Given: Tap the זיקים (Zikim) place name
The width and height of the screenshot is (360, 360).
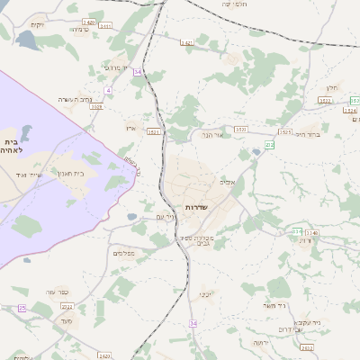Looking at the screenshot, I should click(x=37, y=24).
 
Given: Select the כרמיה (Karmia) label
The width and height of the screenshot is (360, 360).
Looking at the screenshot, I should click(x=79, y=30).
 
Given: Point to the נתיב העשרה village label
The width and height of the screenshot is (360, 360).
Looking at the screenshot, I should click(x=76, y=98).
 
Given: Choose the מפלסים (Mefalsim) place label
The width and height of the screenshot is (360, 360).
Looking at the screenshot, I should click(x=124, y=253).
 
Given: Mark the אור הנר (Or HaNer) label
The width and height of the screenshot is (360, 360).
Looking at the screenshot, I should click(x=212, y=135).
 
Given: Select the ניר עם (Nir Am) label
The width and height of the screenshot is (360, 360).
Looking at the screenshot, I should click(x=166, y=216).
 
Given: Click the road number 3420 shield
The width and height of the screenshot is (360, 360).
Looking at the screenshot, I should click(x=88, y=21).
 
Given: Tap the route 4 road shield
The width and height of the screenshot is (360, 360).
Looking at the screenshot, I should click(x=108, y=90).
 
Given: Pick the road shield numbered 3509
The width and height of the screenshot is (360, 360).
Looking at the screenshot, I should click(x=96, y=106).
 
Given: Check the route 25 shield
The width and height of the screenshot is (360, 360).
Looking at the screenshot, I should click(x=22, y=308).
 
